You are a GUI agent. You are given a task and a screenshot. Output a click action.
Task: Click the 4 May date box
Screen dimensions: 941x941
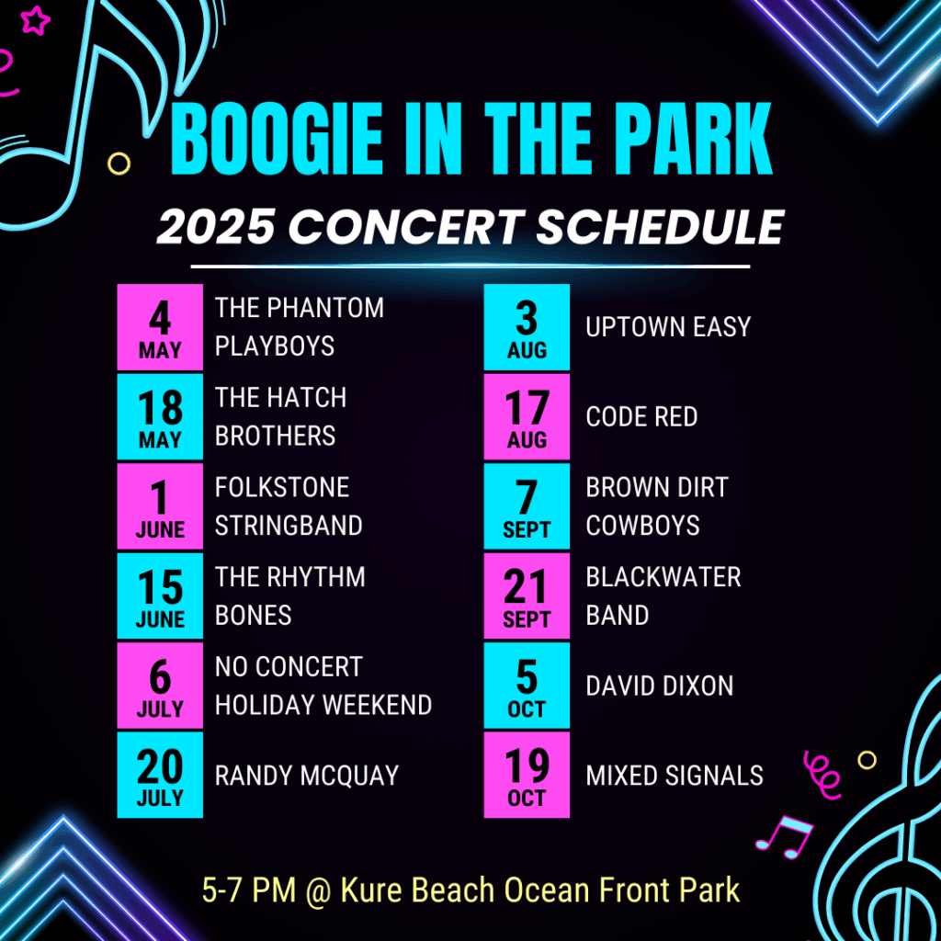pyautogui.click(x=160, y=327)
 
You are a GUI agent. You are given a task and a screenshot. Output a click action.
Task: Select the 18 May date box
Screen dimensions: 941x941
pyautogui.click(x=160, y=416)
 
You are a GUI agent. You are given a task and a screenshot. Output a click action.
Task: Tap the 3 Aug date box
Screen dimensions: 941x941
pyautogui.click(x=527, y=327)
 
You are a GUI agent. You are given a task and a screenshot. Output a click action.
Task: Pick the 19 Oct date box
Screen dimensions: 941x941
pyautogui.click(x=527, y=775)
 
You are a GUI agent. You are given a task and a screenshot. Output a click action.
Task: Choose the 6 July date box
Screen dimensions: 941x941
pyautogui.click(x=160, y=686)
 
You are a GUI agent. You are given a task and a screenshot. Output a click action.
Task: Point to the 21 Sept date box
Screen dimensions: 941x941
pyautogui.click(x=527, y=595)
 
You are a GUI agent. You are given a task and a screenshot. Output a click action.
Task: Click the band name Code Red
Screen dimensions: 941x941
pyautogui.click(x=641, y=416)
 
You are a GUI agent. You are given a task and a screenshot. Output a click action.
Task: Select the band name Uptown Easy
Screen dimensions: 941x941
pyautogui.click(x=668, y=327)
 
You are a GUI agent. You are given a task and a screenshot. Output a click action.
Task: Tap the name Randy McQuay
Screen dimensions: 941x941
pyautogui.click(x=307, y=776)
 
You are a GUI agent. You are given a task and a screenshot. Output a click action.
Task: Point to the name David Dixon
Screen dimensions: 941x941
pyautogui.click(x=660, y=686)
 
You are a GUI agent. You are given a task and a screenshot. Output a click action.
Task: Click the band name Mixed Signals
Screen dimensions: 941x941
pyautogui.click(x=675, y=776)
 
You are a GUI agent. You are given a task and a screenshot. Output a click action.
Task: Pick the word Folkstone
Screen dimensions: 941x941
pyautogui.click(x=282, y=487)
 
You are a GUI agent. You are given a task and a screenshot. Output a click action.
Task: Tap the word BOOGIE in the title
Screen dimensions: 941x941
pyautogui.click(x=277, y=139)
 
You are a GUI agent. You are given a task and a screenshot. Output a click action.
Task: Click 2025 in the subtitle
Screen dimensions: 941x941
pyautogui.click(x=215, y=227)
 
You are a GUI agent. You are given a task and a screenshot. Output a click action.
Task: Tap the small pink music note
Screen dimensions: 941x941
pyautogui.click(x=785, y=836)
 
